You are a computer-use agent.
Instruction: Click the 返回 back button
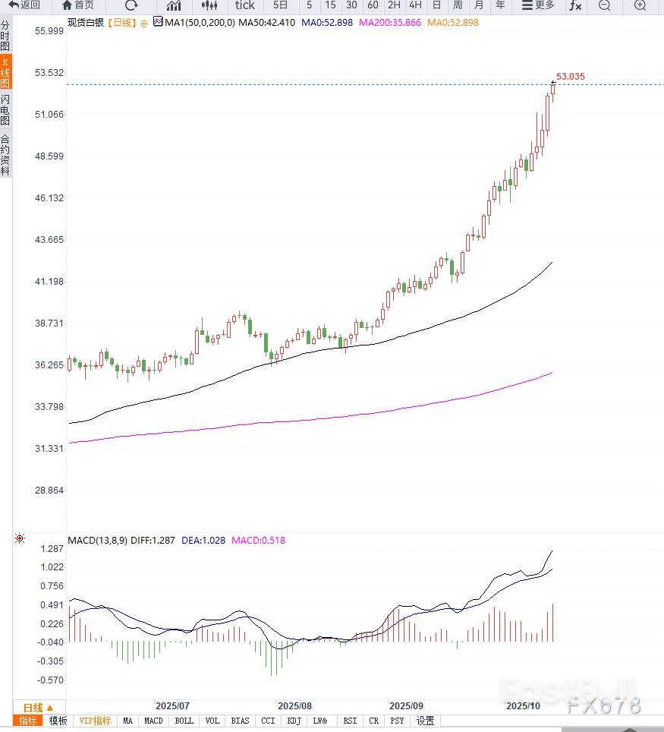pos(24,5)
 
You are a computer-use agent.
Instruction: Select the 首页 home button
pos(78,5)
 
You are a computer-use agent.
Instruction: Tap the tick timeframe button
pos(244,5)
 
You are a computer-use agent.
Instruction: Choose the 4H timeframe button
pos(415,5)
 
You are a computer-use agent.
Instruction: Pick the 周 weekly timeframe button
pos(458,5)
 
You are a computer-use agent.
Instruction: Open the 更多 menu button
pos(539,5)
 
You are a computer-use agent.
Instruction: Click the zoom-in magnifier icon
pos(640,5)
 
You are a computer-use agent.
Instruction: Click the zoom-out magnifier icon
pos(604,5)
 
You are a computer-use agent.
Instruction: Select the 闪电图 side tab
pos(5,110)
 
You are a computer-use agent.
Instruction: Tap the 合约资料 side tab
pos(5,155)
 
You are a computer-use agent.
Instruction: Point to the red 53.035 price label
pos(571,77)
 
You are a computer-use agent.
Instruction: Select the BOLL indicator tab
pos(184,721)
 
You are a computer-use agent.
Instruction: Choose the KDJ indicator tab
pos(294,721)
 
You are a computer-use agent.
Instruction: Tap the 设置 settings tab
pos(425,721)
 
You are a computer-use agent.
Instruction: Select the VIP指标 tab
pos(95,721)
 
